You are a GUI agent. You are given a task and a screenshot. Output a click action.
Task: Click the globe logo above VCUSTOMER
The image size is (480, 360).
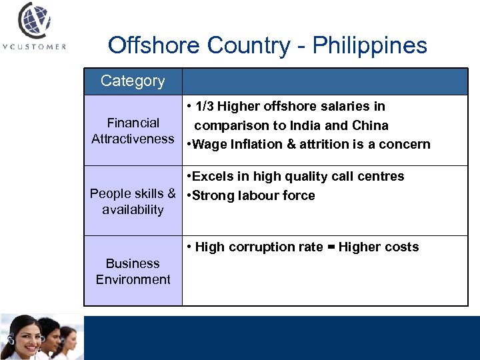(33, 21)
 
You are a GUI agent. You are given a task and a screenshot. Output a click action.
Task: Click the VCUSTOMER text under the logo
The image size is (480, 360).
(33, 47)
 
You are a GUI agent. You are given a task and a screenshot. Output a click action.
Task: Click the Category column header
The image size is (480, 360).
(133, 81)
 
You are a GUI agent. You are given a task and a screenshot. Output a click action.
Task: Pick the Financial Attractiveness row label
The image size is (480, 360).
(133, 131)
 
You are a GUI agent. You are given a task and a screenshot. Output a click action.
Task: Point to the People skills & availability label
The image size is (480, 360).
(133, 201)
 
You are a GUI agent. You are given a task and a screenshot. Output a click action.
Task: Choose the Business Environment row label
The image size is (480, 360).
(133, 271)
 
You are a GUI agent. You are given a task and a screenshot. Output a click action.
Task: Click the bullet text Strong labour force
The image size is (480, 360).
(253, 196)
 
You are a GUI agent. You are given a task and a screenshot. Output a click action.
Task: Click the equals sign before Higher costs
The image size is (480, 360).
(331, 247)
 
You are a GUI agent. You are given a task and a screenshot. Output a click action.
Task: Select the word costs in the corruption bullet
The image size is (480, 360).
(401, 247)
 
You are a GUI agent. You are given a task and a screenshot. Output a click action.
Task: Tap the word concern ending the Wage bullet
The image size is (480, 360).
(406, 145)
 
